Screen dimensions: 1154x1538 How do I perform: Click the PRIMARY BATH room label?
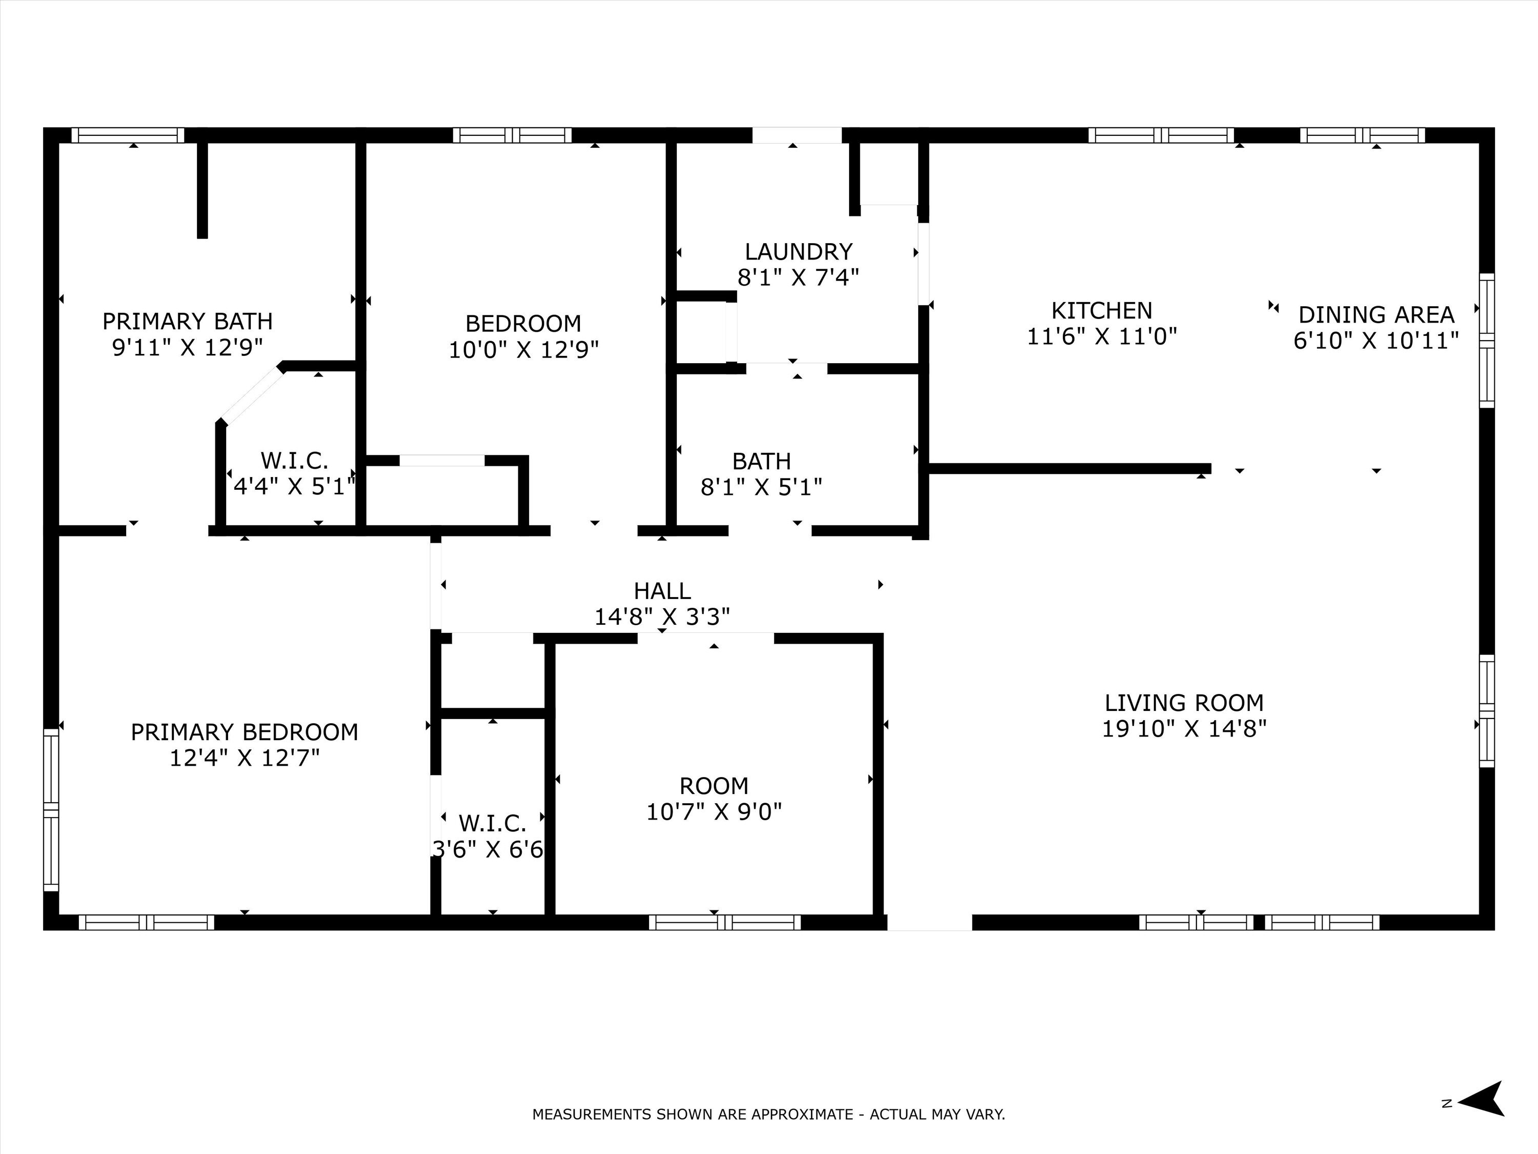[x=187, y=322]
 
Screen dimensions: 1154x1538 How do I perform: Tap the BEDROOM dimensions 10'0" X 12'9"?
[x=523, y=349]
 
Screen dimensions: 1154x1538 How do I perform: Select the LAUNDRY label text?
[x=798, y=251]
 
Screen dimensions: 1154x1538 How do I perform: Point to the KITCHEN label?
[x=1101, y=310]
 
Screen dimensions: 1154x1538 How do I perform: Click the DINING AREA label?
[x=1376, y=315]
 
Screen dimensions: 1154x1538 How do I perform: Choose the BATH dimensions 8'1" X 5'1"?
[x=761, y=487]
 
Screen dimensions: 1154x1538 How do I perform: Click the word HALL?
[x=662, y=590]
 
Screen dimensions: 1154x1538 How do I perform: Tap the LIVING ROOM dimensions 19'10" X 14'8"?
[x=1184, y=729]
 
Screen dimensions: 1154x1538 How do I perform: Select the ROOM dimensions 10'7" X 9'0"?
[x=714, y=812]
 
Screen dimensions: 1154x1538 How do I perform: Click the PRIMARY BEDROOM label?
[x=244, y=732]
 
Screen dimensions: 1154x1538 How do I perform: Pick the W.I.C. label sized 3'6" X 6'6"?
[x=492, y=824]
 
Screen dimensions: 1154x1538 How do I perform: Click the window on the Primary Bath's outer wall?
[x=128, y=135]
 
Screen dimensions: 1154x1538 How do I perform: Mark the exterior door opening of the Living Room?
[x=929, y=922]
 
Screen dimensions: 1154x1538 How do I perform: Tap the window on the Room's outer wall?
[x=724, y=922]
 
